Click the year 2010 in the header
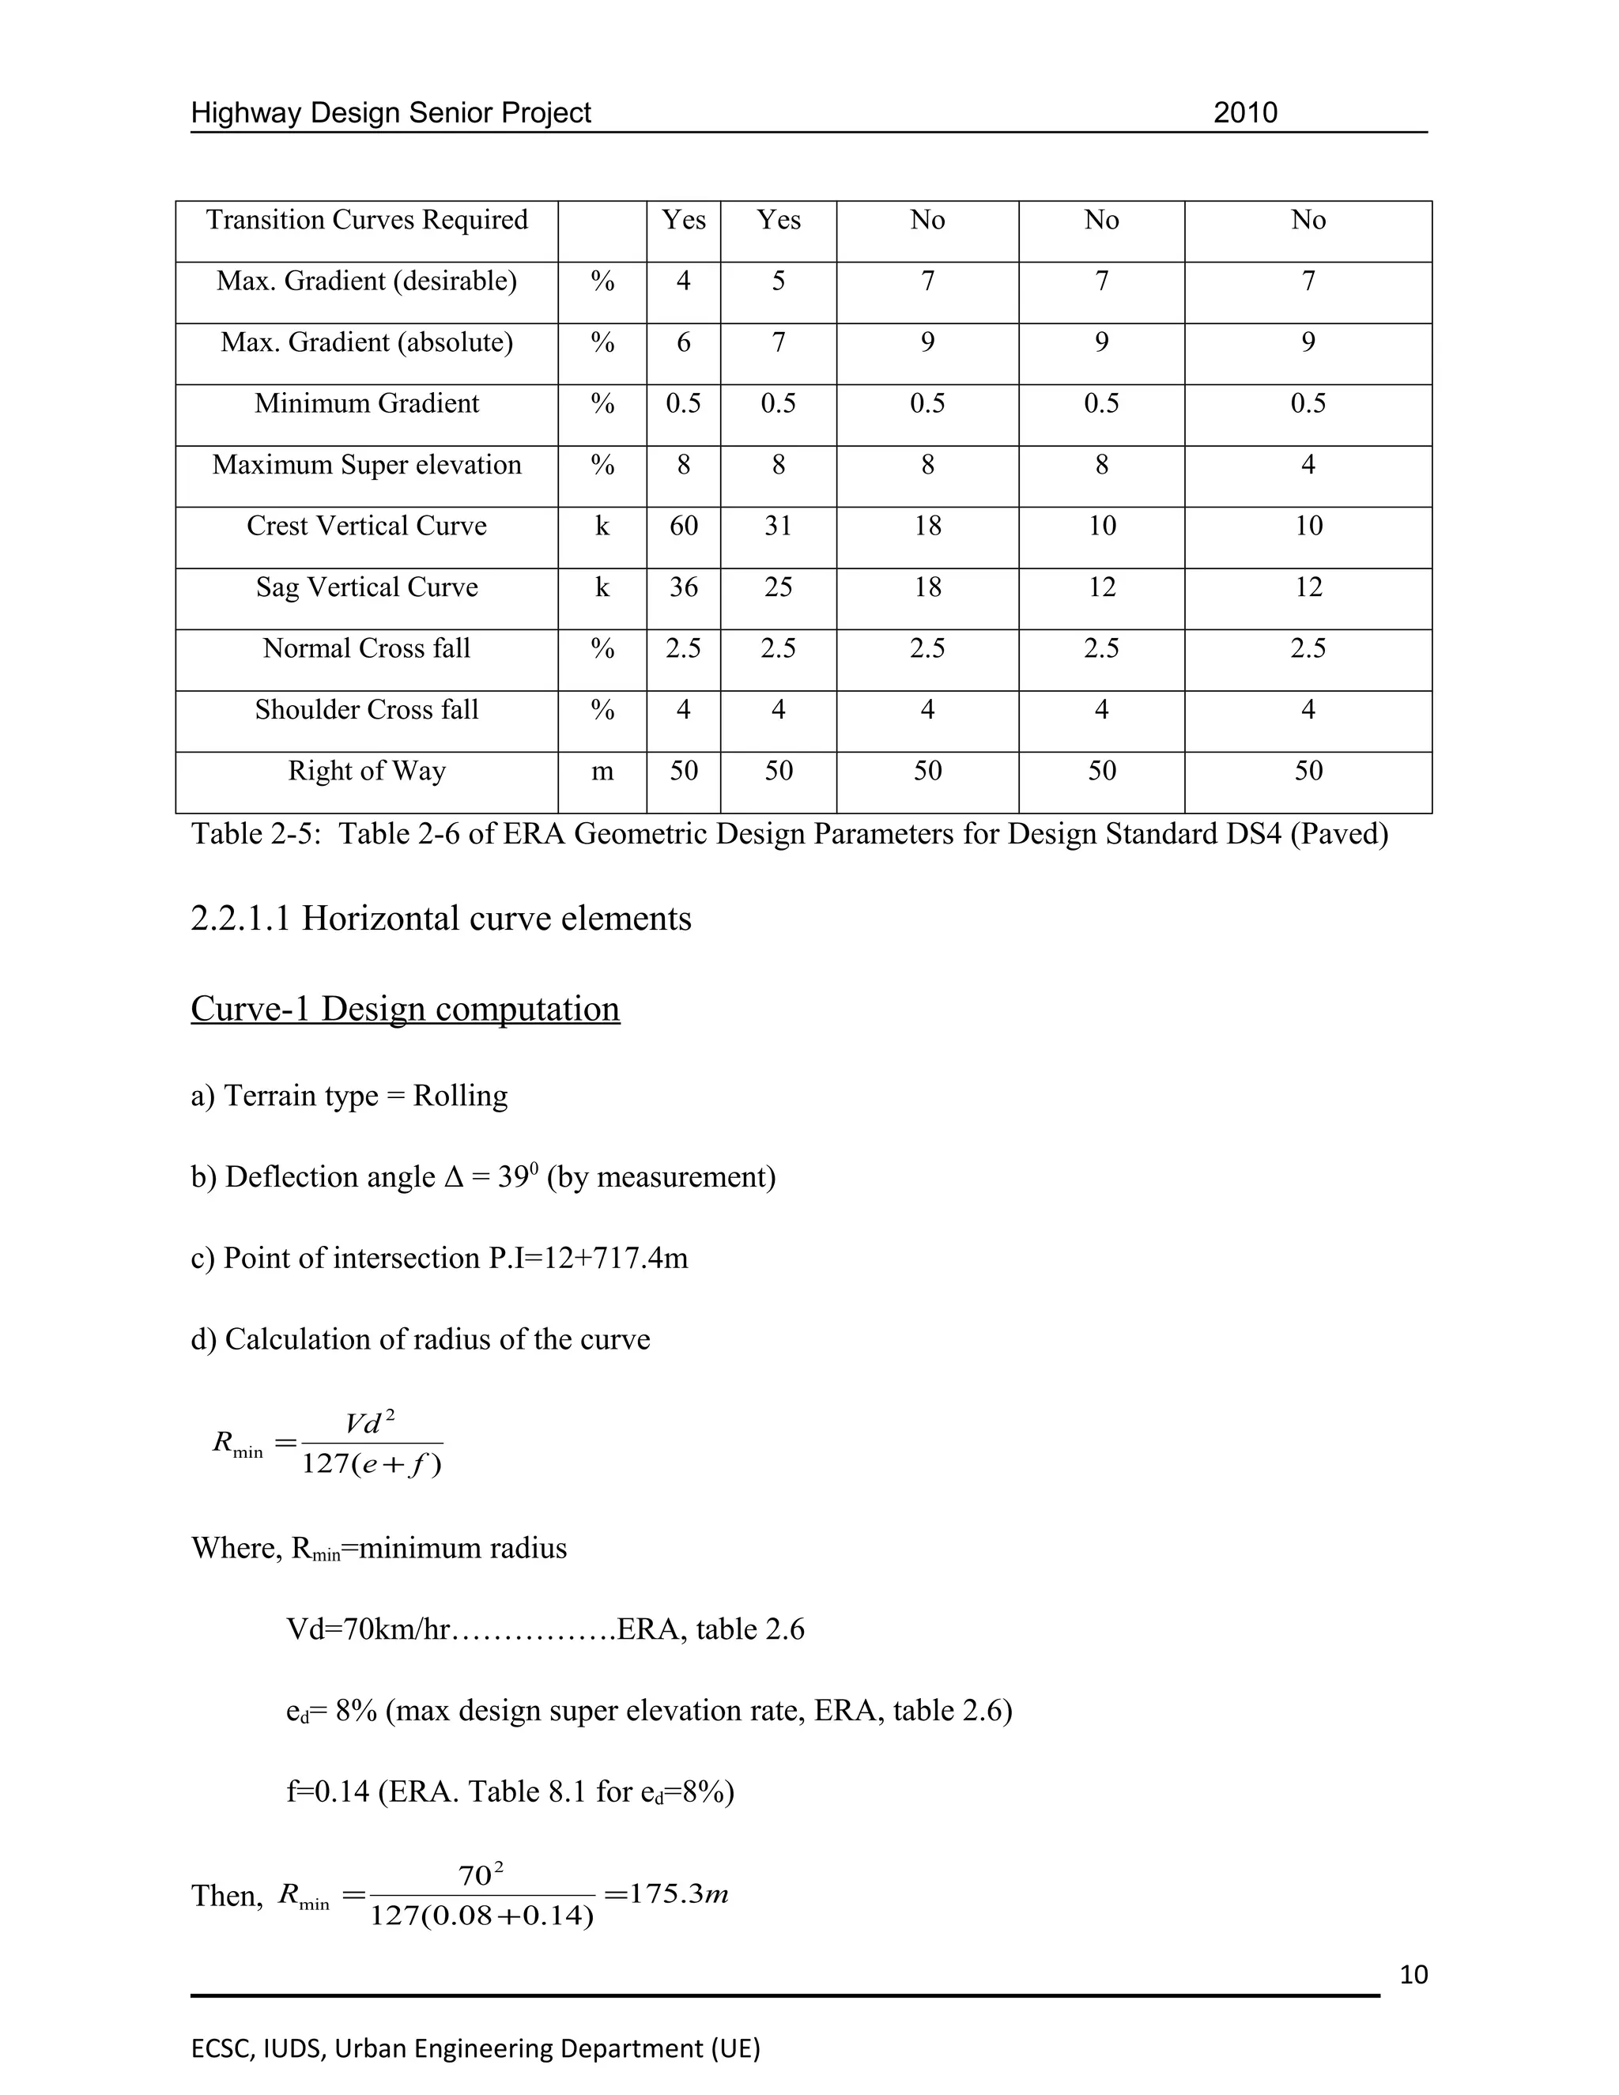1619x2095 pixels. coord(1245,113)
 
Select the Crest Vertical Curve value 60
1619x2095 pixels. coord(683,526)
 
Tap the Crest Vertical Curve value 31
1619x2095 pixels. coord(778,526)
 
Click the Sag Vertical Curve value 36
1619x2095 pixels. coord(683,587)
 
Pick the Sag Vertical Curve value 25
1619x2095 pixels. coord(778,587)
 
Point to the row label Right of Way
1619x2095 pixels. coord(366,772)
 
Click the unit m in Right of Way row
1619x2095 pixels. coord(602,772)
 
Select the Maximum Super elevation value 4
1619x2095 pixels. coord(1308,465)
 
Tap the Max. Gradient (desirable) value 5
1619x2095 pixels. coord(778,281)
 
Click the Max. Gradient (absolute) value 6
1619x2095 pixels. coord(683,342)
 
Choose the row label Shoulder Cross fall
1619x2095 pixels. coord(366,710)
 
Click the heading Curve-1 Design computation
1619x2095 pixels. coord(405,1009)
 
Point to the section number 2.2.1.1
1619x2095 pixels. coord(241,919)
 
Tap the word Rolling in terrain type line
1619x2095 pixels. coord(459,1096)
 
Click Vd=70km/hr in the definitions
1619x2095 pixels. coord(368,1629)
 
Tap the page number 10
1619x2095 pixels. coord(1413,1975)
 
